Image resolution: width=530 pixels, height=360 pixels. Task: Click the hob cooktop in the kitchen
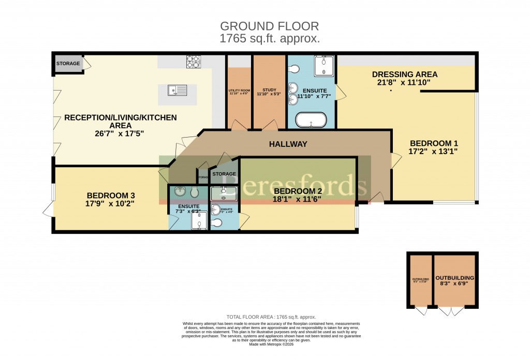(x=193, y=62)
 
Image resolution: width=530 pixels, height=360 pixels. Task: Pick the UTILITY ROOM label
(x=239, y=91)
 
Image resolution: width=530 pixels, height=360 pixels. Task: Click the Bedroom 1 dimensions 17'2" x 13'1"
(x=434, y=152)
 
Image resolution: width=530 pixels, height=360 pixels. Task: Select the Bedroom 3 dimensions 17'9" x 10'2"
(x=111, y=204)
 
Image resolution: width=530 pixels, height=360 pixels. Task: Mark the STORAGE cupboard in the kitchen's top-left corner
(x=68, y=64)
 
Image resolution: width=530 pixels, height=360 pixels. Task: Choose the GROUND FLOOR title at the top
(x=270, y=26)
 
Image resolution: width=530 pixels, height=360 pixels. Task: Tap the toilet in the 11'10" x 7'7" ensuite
(x=293, y=69)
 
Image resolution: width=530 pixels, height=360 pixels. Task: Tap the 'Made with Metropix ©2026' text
(x=271, y=344)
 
